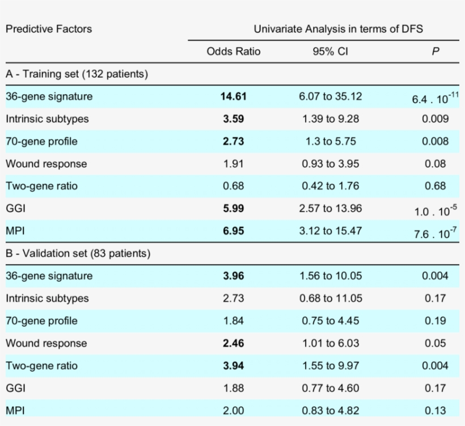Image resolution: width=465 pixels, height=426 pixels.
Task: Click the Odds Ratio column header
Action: tap(233, 52)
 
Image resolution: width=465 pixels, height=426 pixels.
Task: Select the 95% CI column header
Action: tap(330, 52)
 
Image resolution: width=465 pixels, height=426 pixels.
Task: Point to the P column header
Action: tap(435, 52)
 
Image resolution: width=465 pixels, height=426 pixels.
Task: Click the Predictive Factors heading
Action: tap(49, 28)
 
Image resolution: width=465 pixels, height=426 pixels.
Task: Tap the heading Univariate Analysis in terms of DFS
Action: tap(338, 28)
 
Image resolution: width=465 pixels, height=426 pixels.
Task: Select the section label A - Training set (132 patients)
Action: tap(77, 74)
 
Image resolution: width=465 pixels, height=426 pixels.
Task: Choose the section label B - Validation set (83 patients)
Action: tap(78, 254)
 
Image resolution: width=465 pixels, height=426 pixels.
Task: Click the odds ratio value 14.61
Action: tap(233, 96)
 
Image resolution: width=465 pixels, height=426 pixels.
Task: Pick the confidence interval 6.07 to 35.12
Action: tap(330, 96)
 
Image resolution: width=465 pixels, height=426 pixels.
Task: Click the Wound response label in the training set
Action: tap(46, 164)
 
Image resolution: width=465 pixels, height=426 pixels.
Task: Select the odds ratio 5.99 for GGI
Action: tap(233, 209)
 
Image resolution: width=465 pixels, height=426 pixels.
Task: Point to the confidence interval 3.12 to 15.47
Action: tap(330, 231)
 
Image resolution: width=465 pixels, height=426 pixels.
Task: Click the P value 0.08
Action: tap(435, 164)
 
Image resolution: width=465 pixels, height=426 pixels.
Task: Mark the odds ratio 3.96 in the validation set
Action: tap(233, 276)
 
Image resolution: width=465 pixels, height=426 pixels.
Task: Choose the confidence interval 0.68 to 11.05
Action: tap(330, 298)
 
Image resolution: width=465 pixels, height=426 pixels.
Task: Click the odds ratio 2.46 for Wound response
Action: tap(233, 343)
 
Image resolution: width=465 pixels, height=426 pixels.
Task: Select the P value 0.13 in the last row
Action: tap(435, 411)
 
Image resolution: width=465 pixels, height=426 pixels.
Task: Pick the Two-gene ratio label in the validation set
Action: tap(41, 366)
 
